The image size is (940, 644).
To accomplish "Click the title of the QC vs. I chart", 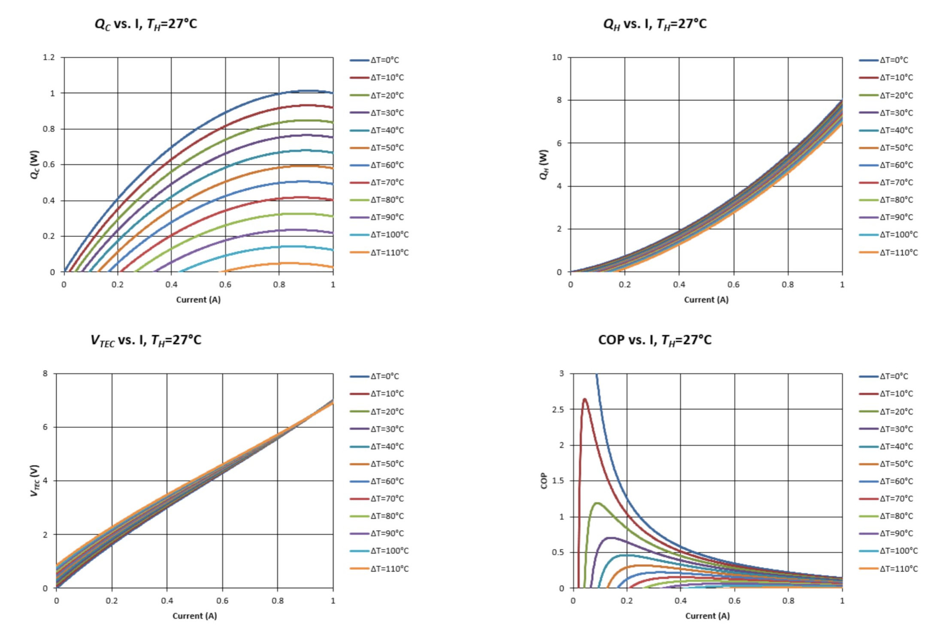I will pos(146,24).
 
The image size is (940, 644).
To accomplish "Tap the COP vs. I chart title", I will pos(655,340).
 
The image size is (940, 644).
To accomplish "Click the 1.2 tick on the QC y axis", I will pos(49,58).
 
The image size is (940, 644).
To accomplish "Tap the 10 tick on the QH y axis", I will pos(557,58).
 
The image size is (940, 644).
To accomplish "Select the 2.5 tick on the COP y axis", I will pos(558,410).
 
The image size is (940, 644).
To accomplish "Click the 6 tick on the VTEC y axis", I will pos(45,427).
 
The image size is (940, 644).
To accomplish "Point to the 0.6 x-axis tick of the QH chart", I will pos(734,285).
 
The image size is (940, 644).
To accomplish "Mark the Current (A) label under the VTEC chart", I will pos(194,616).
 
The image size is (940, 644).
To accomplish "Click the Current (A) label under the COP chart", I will pos(707,616).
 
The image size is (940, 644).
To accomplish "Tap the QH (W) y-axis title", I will pos(544,165).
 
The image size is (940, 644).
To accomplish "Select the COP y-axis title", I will pos(544,481).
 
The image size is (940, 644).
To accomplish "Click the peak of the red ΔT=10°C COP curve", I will pos(585,399).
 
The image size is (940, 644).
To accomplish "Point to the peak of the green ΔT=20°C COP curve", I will pos(597,503).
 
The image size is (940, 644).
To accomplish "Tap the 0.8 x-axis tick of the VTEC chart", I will pos(278,601).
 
